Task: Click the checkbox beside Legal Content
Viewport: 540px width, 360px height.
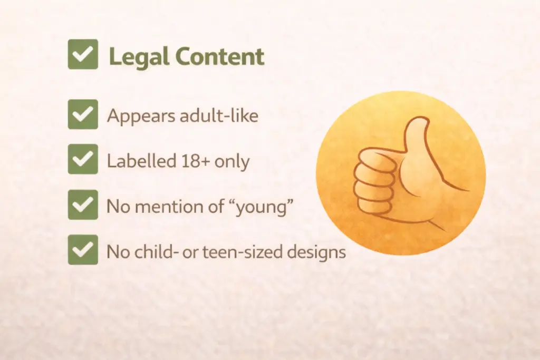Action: click(x=83, y=54)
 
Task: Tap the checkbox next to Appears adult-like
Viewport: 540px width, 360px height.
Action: click(x=83, y=114)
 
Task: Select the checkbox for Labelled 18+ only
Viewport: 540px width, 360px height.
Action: click(x=83, y=159)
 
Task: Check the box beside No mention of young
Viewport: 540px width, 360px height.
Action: click(x=83, y=205)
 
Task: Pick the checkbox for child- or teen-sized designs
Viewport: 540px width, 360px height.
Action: click(x=83, y=250)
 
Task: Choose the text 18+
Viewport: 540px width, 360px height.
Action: click(x=190, y=161)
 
